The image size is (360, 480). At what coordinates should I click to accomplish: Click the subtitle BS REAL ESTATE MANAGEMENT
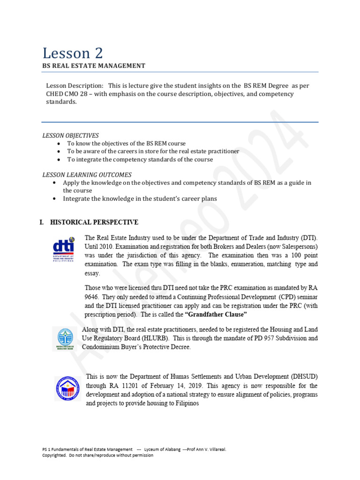[x=94, y=66]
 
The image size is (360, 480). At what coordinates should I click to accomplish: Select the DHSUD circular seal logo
[x=67, y=389]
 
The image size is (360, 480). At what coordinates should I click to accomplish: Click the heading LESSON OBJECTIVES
[x=71, y=135]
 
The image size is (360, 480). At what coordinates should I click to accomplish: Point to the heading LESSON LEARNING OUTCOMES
[x=87, y=175]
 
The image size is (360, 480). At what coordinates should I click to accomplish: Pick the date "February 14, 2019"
[x=175, y=386]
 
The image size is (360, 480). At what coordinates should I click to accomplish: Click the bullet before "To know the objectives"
[x=58, y=143]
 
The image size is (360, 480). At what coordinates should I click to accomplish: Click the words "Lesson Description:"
[x=75, y=86]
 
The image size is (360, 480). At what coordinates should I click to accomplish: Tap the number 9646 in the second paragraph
[x=92, y=297]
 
